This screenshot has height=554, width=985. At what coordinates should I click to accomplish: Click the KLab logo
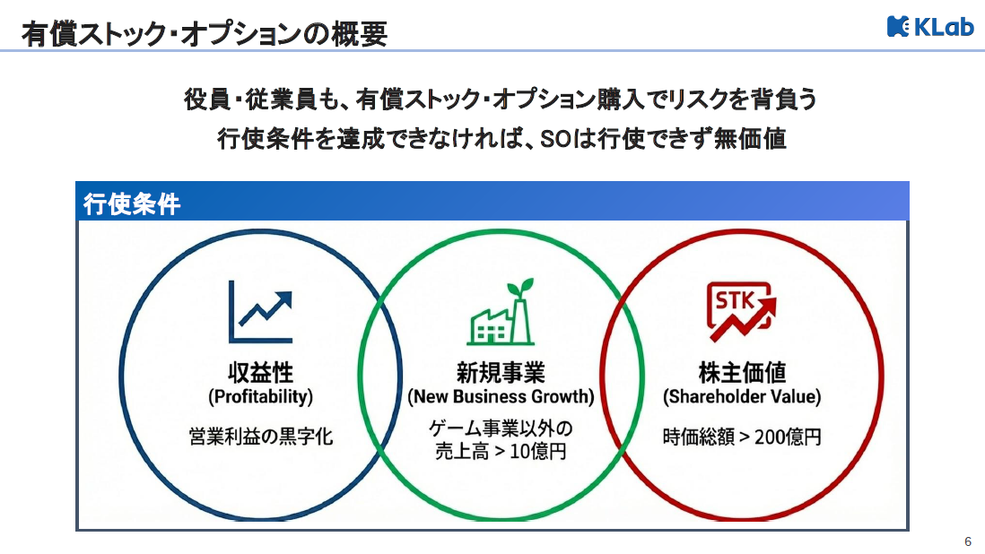pyautogui.click(x=930, y=27)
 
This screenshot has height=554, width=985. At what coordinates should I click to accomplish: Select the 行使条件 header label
pyautogui.click(x=132, y=204)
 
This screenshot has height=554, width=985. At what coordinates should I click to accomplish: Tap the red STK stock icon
pyautogui.click(x=741, y=311)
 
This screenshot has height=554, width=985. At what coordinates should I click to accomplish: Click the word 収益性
pyautogui.click(x=260, y=372)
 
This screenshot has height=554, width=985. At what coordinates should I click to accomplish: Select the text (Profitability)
pyautogui.click(x=260, y=396)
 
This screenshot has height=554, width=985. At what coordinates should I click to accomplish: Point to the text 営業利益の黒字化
pyautogui.click(x=260, y=437)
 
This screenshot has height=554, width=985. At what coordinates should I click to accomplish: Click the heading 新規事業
pyautogui.click(x=501, y=372)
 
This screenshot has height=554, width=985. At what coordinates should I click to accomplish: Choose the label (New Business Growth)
pyautogui.click(x=501, y=396)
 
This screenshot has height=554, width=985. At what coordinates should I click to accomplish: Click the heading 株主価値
pyautogui.click(x=742, y=372)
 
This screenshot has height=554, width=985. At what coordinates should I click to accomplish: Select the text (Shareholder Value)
pyautogui.click(x=742, y=396)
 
